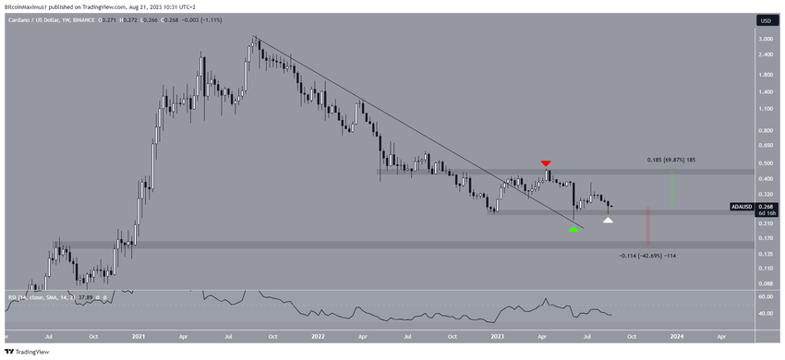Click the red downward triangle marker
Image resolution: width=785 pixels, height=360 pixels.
547,163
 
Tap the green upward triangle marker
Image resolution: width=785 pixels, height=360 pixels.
574,229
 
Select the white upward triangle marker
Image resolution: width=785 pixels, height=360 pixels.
608,220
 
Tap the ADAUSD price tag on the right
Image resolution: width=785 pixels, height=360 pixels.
743,207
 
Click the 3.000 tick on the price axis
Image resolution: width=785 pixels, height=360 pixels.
765,40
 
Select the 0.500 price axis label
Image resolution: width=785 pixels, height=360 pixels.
765,163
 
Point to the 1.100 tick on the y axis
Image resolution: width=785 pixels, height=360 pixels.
765,109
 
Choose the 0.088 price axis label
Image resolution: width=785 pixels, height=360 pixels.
765,283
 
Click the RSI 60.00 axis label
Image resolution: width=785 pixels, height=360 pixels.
765,297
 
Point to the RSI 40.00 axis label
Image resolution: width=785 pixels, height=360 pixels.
765,314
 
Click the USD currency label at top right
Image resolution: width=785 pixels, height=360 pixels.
765,20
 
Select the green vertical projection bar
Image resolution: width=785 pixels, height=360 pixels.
671,189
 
